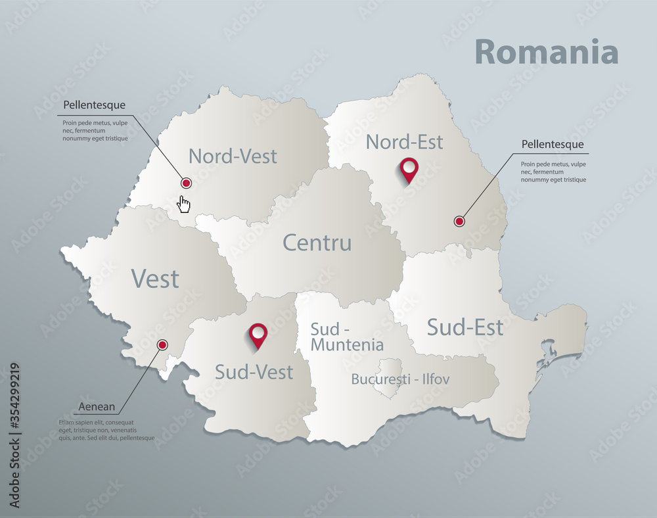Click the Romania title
point(545,53)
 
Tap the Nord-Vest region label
point(233,156)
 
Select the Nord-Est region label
point(404,141)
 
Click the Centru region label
point(317,243)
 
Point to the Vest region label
point(155,279)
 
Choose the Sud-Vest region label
point(254,372)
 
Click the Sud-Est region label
point(464,327)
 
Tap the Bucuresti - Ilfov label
point(400,379)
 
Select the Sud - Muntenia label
point(347,337)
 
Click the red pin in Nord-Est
point(409,170)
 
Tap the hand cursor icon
point(185,204)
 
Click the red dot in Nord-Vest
point(186,183)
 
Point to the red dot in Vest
point(162,344)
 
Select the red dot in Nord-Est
point(459,222)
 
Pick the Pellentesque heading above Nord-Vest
point(94,105)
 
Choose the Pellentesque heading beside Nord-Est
point(552,144)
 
